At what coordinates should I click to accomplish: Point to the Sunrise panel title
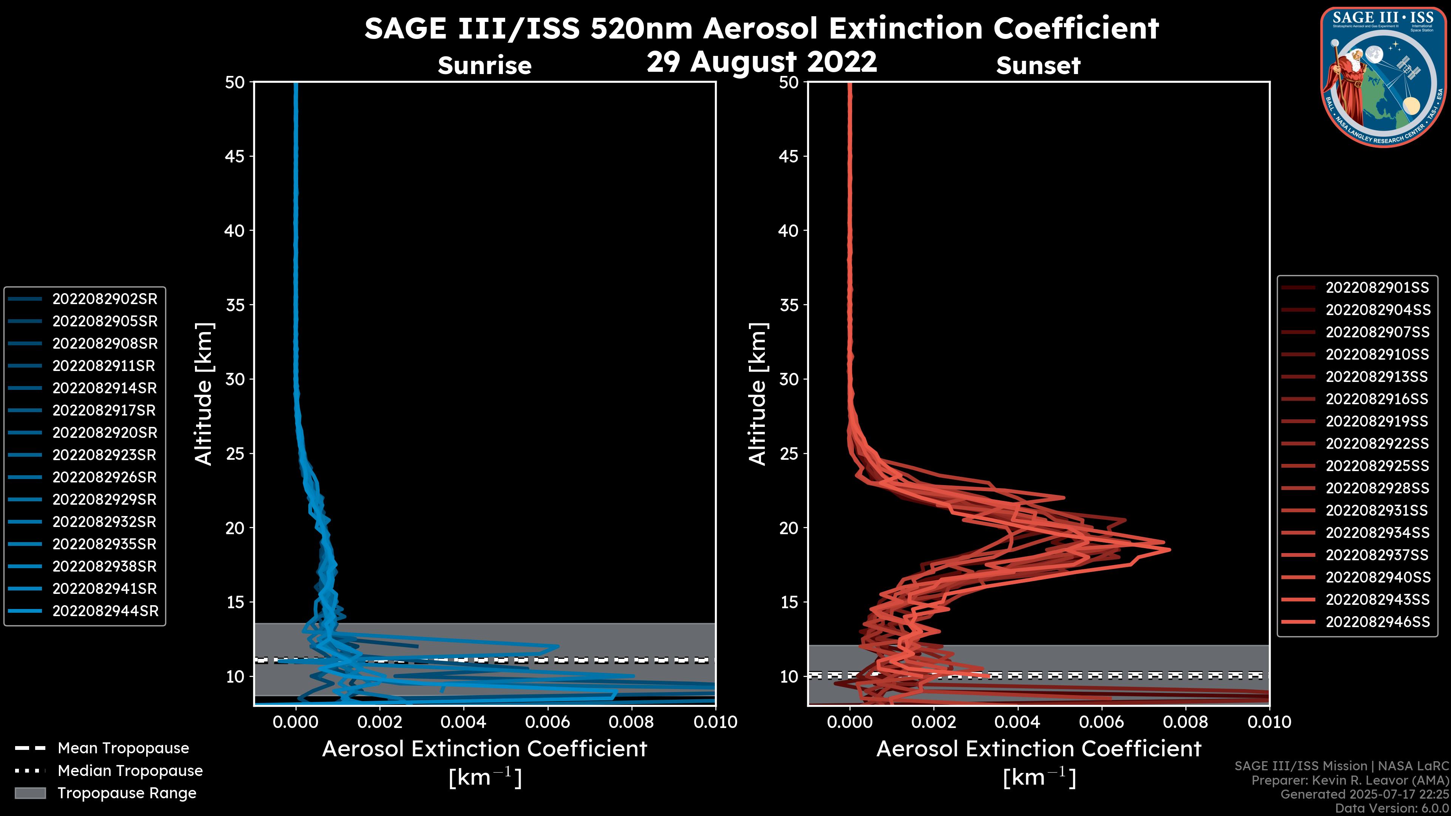pyautogui.click(x=484, y=66)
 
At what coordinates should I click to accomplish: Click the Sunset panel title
pyautogui.click(x=1038, y=66)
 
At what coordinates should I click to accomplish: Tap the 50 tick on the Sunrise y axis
pyautogui.click(x=235, y=82)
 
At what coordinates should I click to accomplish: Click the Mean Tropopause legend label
pyautogui.click(x=123, y=748)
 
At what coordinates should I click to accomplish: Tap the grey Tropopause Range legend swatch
pyautogui.click(x=30, y=793)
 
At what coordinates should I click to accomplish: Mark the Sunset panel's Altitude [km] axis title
pyautogui.click(x=758, y=394)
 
